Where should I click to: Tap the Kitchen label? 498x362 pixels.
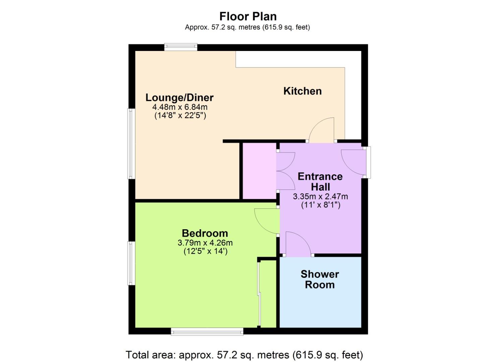[302, 91]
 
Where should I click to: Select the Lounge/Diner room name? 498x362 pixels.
[179, 98]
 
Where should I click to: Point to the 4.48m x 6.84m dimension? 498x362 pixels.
[180, 107]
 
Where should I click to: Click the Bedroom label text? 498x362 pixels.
[205, 233]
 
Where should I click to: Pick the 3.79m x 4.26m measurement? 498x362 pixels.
[205, 243]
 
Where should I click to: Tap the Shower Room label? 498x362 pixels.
[320, 279]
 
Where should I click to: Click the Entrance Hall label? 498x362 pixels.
[320, 182]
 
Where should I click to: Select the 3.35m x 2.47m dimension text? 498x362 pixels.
[320, 196]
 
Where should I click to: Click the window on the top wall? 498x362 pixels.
[181, 47]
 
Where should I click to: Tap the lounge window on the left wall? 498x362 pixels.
[131, 143]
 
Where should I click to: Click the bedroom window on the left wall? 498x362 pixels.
[131, 263]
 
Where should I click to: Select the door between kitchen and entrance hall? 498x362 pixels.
[322, 130]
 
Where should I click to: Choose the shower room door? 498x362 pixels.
[298, 244]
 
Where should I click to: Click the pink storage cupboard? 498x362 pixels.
[259, 171]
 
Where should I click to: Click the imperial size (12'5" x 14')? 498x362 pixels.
[206, 251]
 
